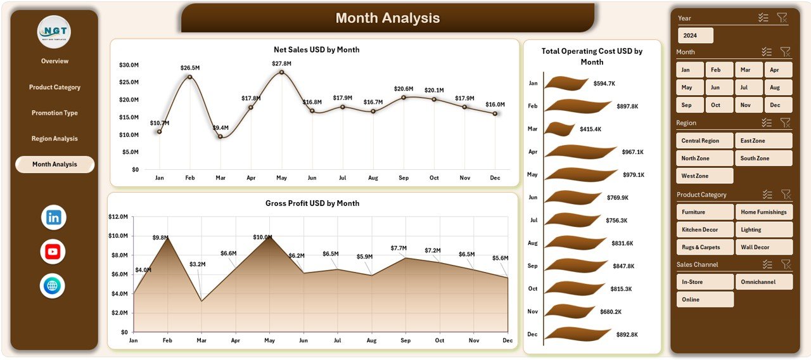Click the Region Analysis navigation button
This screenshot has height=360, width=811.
click(54, 139)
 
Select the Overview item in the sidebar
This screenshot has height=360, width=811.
click(54, 61)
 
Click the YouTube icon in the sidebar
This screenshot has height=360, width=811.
click(53, 252)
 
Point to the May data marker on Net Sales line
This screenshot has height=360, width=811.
click(281, 72)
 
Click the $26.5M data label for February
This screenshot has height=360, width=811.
click(189, 68)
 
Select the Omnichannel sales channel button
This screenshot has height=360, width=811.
click(763, 282)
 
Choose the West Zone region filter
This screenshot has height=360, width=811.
click(705, 176)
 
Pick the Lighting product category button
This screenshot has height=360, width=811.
click(763, 229)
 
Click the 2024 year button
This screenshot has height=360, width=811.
click(695, 35)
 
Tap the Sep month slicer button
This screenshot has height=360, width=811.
click(689, 105)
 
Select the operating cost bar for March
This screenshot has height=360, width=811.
click(559, 129)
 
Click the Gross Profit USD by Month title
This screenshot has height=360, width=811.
click(312, 203)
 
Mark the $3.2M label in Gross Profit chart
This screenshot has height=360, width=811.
click(197, 264)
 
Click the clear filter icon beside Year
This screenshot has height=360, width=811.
click(782, 18)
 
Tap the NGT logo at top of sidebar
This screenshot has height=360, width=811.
click(54, 32)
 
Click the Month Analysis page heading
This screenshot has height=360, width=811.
click(387, 18)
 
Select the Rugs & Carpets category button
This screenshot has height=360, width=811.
click(705, 247)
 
